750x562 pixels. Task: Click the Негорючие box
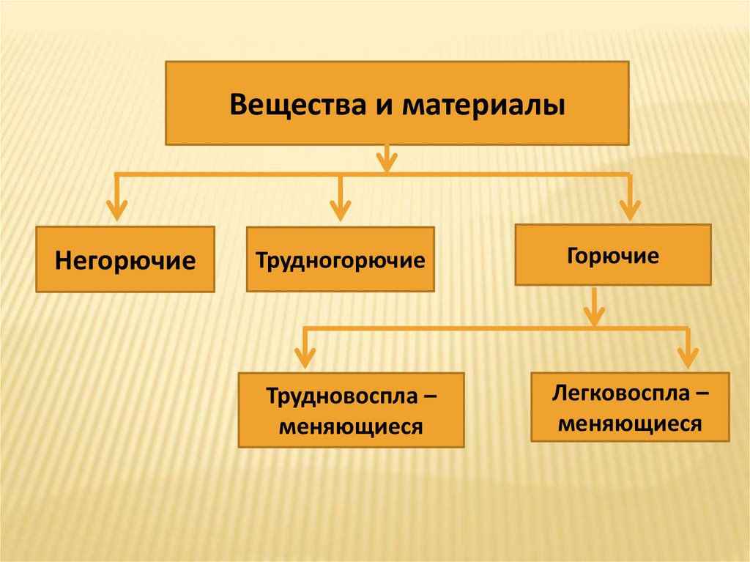(125, 259)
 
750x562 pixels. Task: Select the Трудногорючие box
(340, 259)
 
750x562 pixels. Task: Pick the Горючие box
(612, 255)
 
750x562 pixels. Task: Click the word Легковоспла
(622, 394)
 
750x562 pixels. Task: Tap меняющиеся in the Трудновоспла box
(351, 426)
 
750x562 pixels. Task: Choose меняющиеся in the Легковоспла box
(631, 423)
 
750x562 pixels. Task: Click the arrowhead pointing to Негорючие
(116, 210)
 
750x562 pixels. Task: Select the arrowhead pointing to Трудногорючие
(339, 210)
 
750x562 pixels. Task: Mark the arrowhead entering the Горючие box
(629, 210)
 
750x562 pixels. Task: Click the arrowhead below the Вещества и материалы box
(387, 161)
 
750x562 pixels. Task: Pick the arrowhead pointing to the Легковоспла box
(687, 357)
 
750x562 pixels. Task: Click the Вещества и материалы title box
(397, 103)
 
